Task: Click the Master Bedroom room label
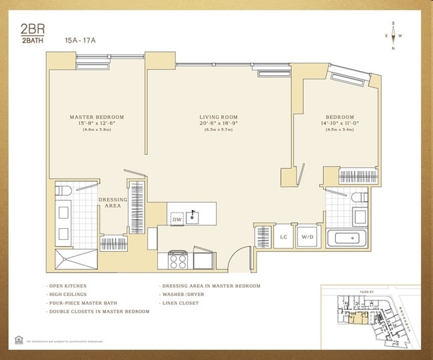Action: tap(97, 117)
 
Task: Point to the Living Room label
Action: tap(218, 117)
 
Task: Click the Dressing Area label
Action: tap(113, 203)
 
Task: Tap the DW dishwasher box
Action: tap(177, 219)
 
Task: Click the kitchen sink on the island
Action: tap(196, 216)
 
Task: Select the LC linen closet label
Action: tap(283, 237)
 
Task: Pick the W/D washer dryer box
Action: tap(307, 237)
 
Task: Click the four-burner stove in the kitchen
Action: tap(178, 259)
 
